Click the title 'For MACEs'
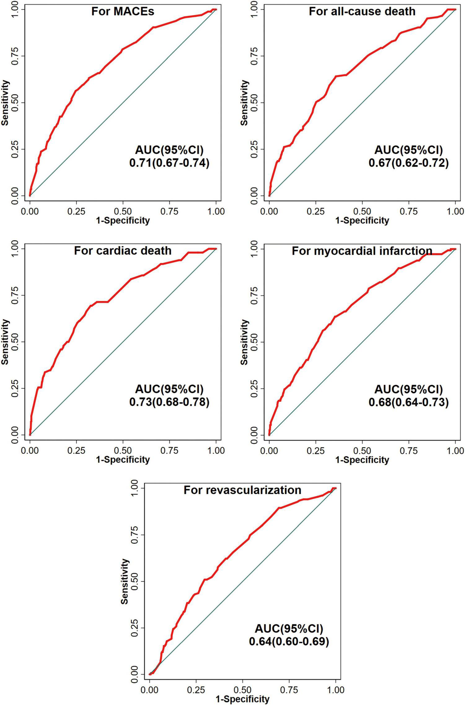[x=123, y=11]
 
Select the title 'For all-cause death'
[x=362, y=11]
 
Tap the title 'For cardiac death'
[x=123, y=251]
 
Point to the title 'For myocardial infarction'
[x=362, y=251]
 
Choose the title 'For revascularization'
[x=242, y=490]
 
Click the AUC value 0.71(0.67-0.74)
[x=169, y=163]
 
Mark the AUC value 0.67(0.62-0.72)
[x=408, y=163]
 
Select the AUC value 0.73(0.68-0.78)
[x=169, y=402]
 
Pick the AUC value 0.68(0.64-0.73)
[x=408, y=402]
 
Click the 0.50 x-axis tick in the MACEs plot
[x=123, y=211]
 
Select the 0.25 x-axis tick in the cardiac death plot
[x=76, y=450]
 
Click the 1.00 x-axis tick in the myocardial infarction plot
[x=455, y=450]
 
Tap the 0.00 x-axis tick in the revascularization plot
[x=150, y=690]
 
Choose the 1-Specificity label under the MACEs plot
[x=123, y=220]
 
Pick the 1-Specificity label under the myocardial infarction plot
[x=362, y=460]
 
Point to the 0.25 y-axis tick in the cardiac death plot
[x=14, y=388]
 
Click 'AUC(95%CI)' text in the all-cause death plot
[x=408, y=150]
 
